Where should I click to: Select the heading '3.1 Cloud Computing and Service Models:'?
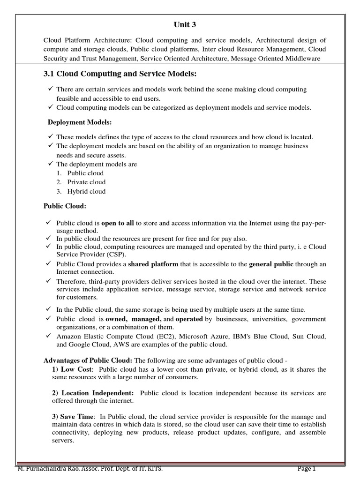pos(120,74)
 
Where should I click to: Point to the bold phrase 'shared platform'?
pos(153,264)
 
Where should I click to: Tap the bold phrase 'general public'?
pos(271,264)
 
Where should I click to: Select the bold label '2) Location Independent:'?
pos(93,393)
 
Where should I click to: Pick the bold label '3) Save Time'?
pos(74,416)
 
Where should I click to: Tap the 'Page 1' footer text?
pos(307,469)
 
